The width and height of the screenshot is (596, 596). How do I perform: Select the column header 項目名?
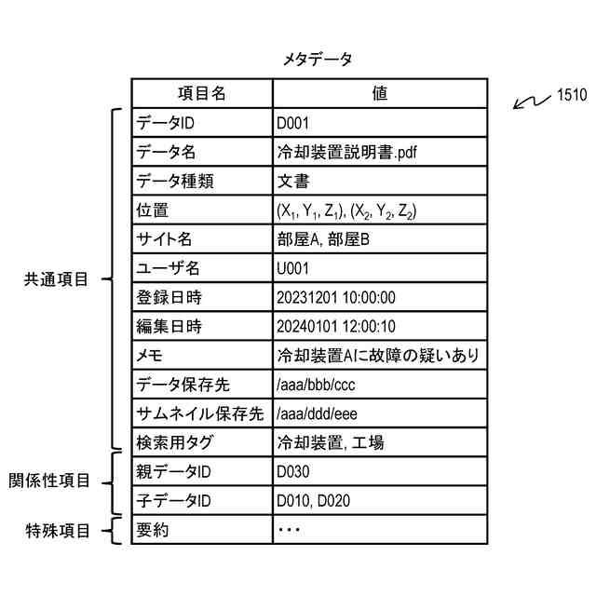click(202, 93)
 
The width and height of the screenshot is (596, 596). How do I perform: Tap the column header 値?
click(379, 93)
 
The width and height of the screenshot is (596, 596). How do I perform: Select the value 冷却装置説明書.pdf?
click(342, 152)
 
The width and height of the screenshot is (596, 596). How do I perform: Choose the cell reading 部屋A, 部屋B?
click(323, 239)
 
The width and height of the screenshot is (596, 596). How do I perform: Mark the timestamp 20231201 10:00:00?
click(336, 297)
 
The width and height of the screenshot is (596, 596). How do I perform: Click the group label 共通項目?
click(58, 279)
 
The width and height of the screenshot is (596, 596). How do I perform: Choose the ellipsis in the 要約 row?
click(289, 530)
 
